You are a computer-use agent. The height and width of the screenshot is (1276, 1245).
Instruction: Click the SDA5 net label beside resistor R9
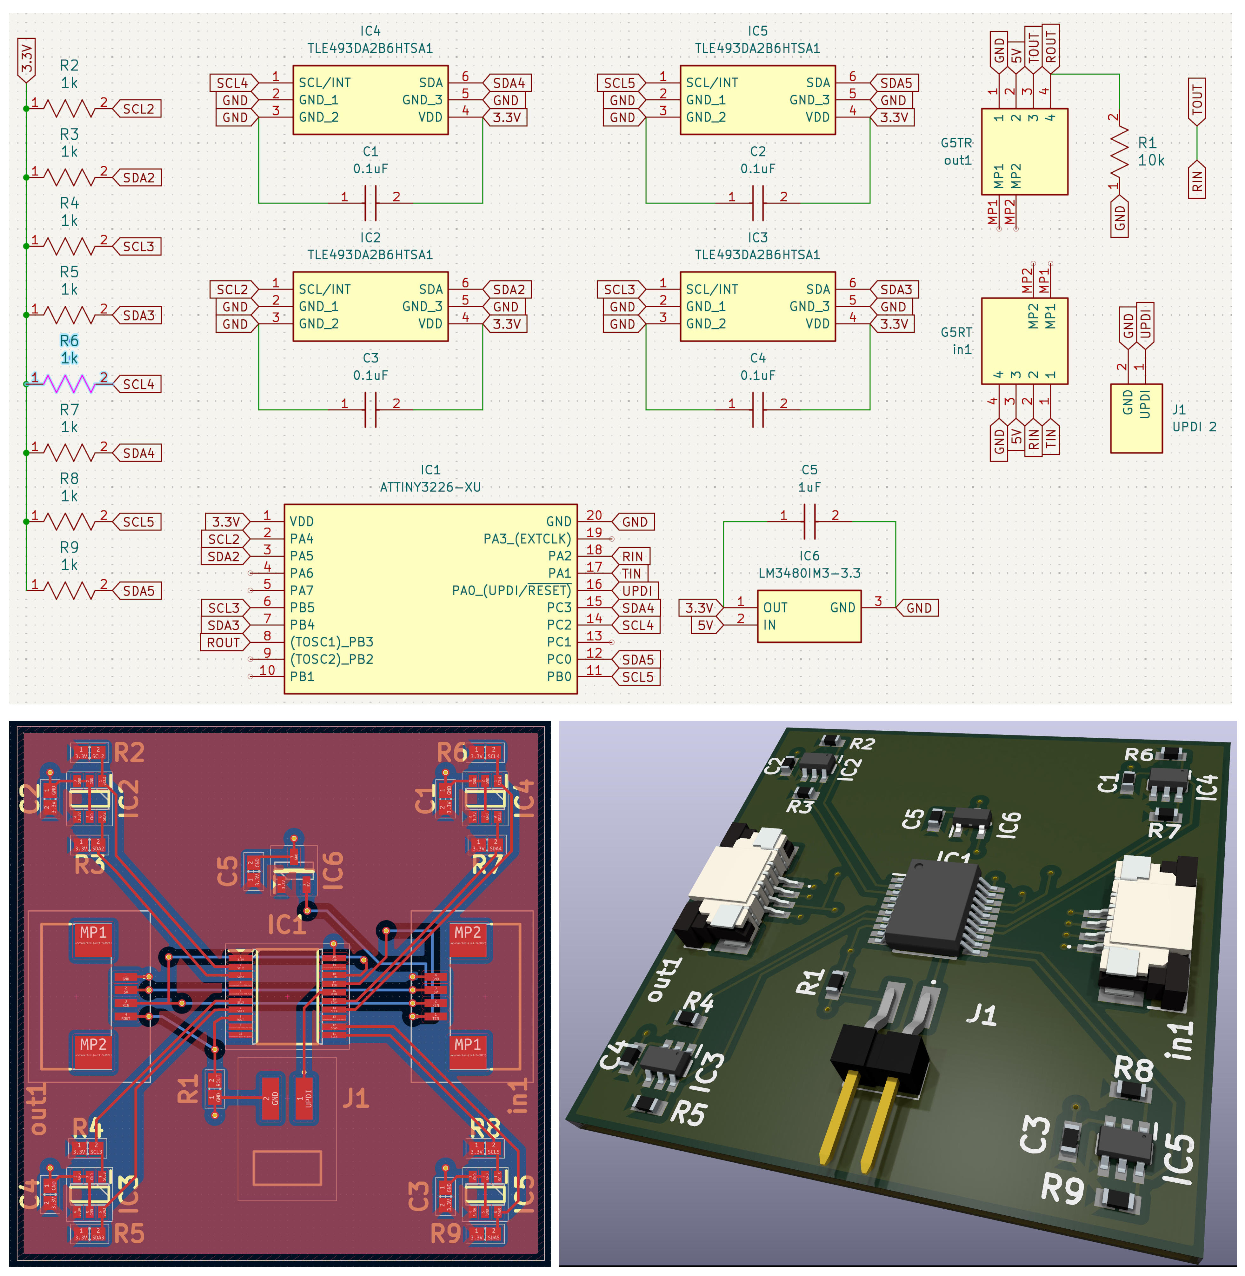(x=139, y=591)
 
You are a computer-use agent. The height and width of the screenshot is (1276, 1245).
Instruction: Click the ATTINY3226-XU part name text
(x=430, y=487)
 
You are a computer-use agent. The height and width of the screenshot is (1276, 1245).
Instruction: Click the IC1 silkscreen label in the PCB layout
(x=286, y=925)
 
